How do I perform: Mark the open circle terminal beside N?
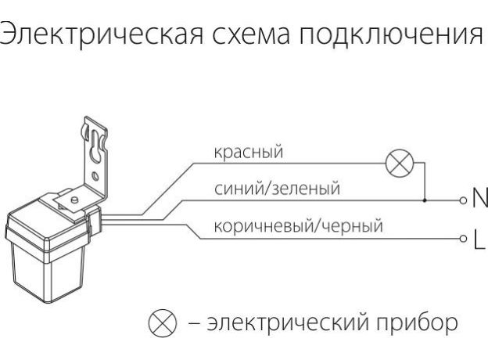tap(462, 200)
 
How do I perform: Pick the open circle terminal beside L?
tap(462, 239)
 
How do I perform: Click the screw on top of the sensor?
tap(73, 202)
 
